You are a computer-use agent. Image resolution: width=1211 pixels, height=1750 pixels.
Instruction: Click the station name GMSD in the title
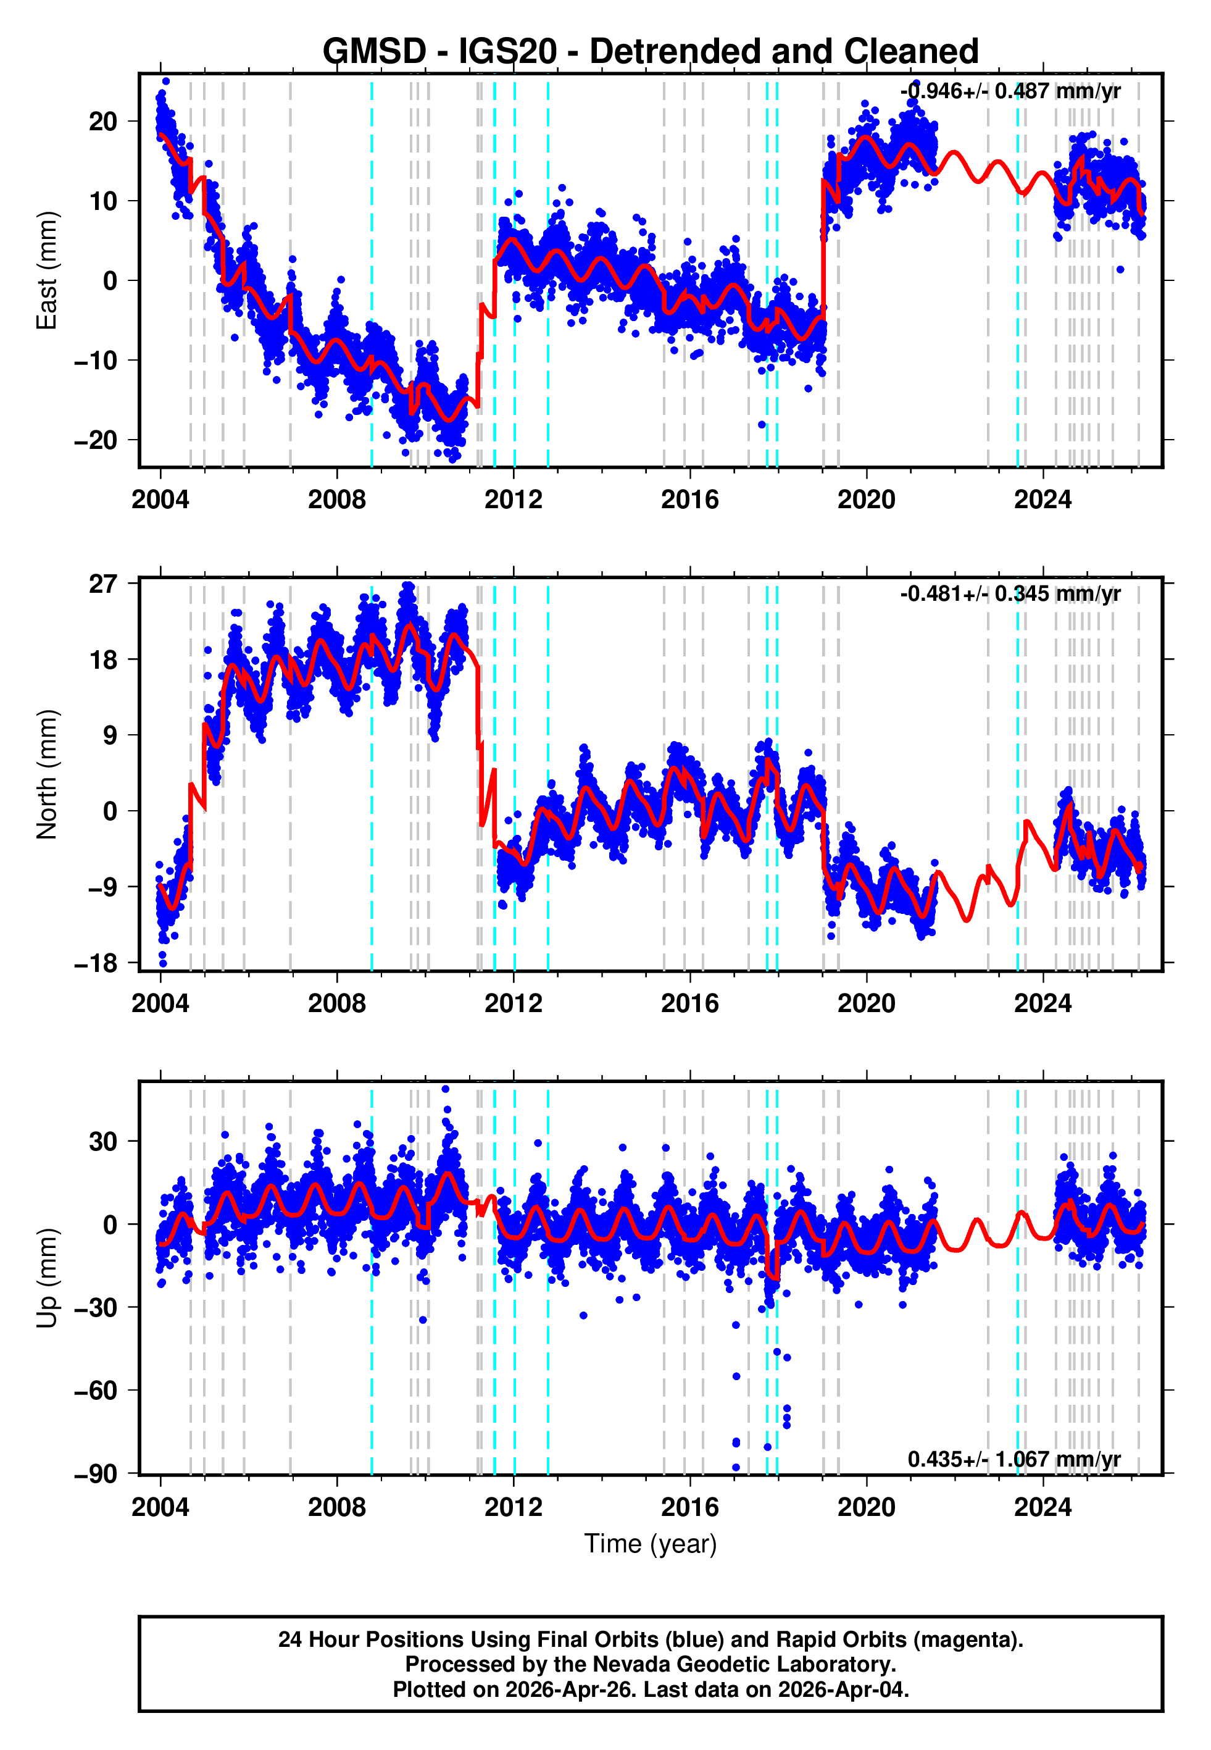tap(374, 52)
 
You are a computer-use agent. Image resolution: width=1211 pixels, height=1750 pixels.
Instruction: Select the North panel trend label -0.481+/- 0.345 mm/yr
tap(1010, 593)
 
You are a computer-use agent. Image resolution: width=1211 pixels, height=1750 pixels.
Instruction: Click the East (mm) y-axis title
tap(47, 270)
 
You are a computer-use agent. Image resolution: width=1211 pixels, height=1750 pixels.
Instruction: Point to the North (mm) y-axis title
tap(47, 774)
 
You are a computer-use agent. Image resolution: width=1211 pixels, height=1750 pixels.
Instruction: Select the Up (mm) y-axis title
tap(47, 1278)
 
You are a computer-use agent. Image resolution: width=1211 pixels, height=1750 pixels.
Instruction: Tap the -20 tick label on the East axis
tap(96, 440)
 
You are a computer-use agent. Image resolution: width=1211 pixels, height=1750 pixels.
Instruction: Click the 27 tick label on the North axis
tap(104, 584)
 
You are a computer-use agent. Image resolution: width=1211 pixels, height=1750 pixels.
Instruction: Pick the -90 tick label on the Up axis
tap(96, 1474)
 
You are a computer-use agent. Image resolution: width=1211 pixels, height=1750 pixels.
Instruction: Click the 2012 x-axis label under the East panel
tap(514, 500)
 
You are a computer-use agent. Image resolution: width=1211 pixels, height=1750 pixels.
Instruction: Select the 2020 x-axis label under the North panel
tap(866, 1003)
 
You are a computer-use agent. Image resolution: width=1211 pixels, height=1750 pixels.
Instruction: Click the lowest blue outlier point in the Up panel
tap(736, 1467)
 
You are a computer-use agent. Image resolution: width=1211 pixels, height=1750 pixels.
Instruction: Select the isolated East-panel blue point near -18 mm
tap(762, 424)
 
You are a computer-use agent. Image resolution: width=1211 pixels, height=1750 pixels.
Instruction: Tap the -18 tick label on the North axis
tap(96, 963)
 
